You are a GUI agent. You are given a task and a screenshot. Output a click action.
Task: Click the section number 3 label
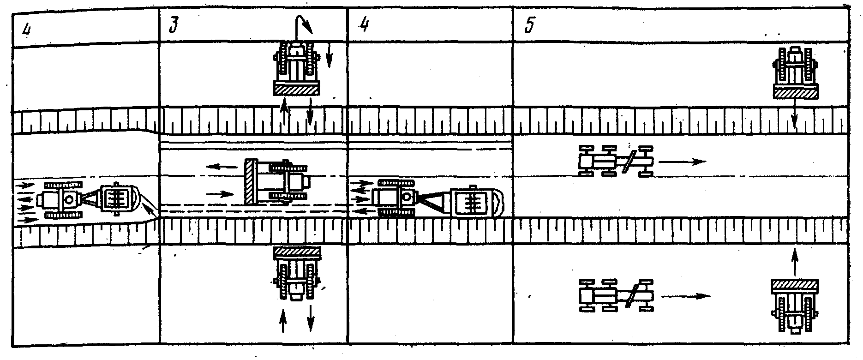click(172, 27)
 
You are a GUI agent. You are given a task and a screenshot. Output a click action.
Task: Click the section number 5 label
click(529, 26)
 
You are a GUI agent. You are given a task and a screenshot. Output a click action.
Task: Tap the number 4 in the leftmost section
click(28, 29)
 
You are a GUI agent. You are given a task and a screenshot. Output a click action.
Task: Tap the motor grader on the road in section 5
click(617, 161)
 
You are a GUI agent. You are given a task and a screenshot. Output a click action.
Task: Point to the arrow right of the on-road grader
click(683, 162)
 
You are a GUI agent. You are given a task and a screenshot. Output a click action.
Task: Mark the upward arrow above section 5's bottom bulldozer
click(794, 263)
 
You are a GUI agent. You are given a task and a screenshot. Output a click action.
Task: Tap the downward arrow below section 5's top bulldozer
click(794, 114)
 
